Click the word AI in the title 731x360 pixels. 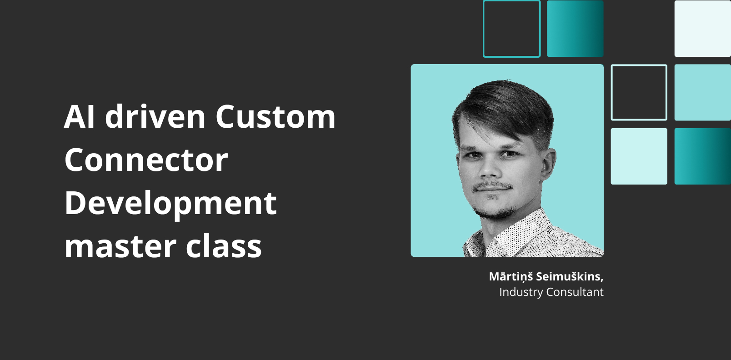click(79, 116)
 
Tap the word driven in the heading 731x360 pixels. click(155, 116)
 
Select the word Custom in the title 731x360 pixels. click(275, 116)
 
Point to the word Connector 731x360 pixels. click(146, 160)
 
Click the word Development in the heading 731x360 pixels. click(170, 203)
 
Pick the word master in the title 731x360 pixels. click(120, 246)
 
